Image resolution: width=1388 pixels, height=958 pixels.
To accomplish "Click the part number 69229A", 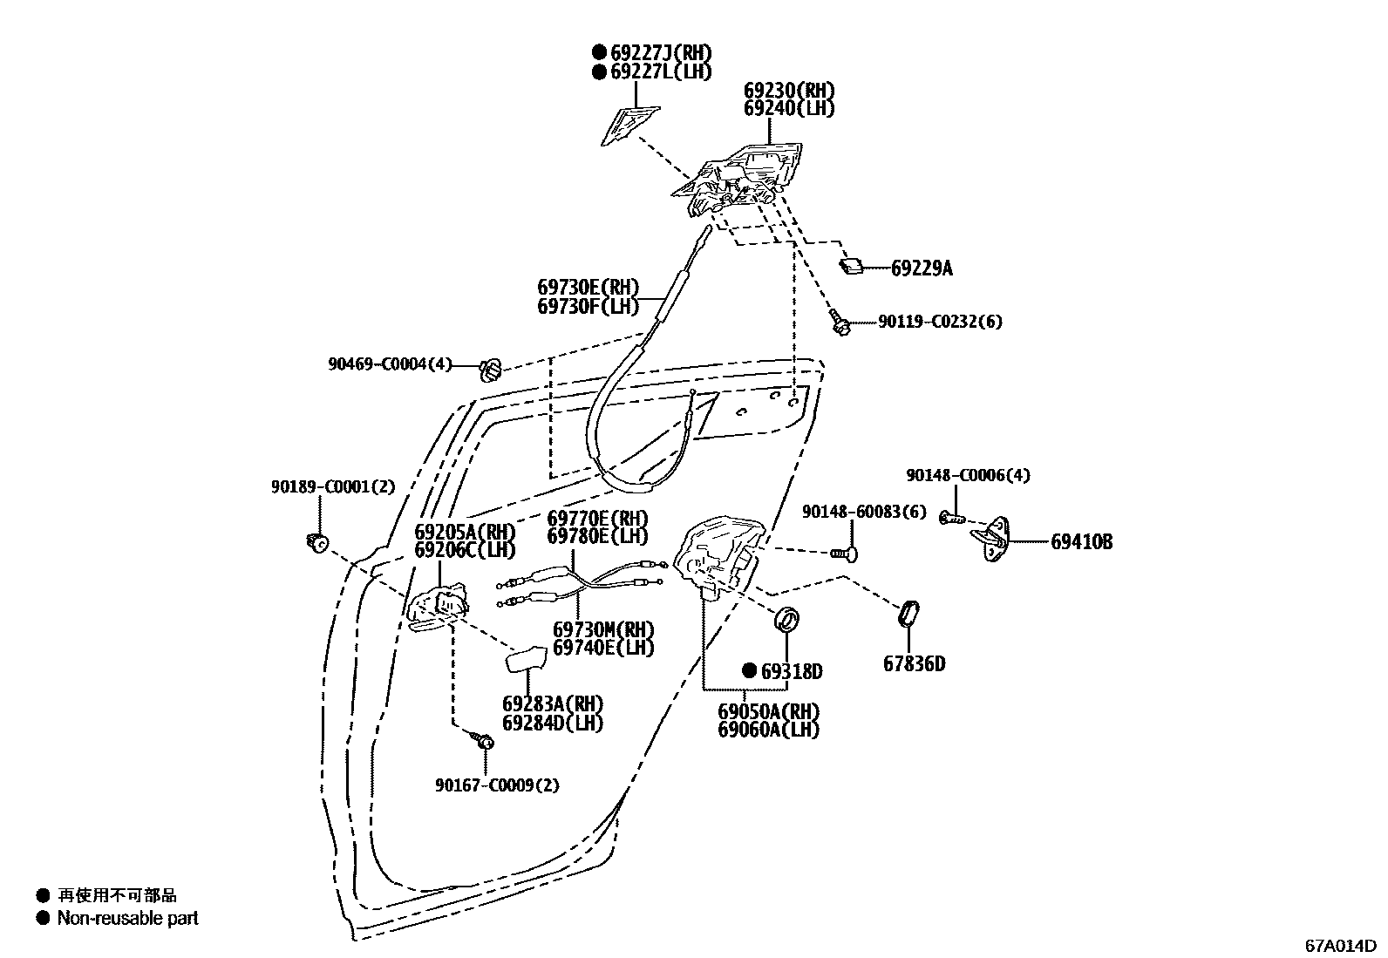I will tap(922, 268).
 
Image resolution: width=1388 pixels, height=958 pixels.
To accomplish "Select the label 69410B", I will tap(1081, 542).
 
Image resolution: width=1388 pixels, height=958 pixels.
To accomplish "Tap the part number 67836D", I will tap(914, 664).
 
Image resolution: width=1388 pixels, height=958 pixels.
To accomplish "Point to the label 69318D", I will tap(792, 671).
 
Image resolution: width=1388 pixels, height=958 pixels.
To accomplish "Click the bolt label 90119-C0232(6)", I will tap(940, 322).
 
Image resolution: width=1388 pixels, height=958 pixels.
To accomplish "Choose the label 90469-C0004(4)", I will tap(390, 363).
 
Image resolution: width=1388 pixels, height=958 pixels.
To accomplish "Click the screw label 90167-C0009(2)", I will tap(498, 785).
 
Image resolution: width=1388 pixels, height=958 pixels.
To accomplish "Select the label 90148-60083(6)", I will tap(864, 512).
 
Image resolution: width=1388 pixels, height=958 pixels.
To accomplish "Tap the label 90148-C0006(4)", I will tap(968, 475).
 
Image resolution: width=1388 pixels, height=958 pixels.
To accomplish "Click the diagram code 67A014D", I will tap(1340, 945).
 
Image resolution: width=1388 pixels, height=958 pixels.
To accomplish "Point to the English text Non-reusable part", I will tap(127, 918).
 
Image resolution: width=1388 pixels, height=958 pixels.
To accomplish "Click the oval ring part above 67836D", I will tap(908, 614).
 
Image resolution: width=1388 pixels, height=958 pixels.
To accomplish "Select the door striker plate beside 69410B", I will tap(991, 536).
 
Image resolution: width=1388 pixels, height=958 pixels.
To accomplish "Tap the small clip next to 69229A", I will tap(852, 265).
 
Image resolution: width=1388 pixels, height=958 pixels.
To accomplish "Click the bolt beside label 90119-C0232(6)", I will tap(840, 323).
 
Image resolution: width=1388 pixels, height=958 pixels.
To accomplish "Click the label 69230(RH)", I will tap(789, 91).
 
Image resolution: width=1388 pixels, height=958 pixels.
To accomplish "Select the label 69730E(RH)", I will tap(588, 287).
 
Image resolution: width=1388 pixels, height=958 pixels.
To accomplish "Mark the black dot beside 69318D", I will tap(749, 671).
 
